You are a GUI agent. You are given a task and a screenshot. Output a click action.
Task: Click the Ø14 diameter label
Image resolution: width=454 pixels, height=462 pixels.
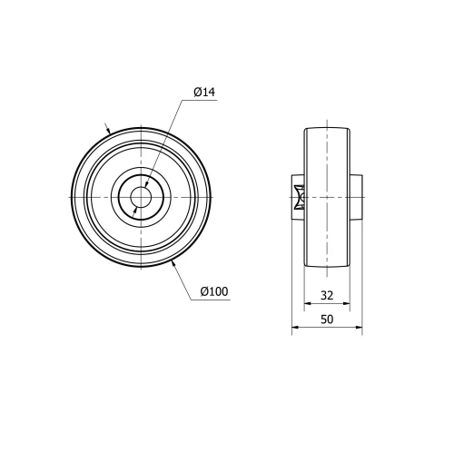point(203,92)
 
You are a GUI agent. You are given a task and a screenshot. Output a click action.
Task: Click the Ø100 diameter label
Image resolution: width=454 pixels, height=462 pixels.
point(213,291)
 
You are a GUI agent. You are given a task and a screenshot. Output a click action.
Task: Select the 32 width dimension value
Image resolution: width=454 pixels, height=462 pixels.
point(327,295)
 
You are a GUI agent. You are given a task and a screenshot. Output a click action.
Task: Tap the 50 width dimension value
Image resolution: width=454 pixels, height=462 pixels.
point(327,319)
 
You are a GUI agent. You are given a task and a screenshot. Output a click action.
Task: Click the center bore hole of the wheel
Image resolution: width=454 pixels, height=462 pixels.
point(141,197)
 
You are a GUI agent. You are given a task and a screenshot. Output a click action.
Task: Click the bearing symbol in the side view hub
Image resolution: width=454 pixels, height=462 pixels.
point(298,197)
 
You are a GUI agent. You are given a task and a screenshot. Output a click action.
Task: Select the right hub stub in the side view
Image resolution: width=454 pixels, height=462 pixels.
point(357,197)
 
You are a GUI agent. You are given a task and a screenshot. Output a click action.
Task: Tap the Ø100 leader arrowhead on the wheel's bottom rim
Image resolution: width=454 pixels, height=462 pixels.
point(173,262)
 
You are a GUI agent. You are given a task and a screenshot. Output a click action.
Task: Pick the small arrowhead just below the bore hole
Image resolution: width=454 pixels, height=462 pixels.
point(135,210)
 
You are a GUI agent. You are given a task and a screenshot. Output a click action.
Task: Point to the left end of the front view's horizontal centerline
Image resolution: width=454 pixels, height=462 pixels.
point(65,197)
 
